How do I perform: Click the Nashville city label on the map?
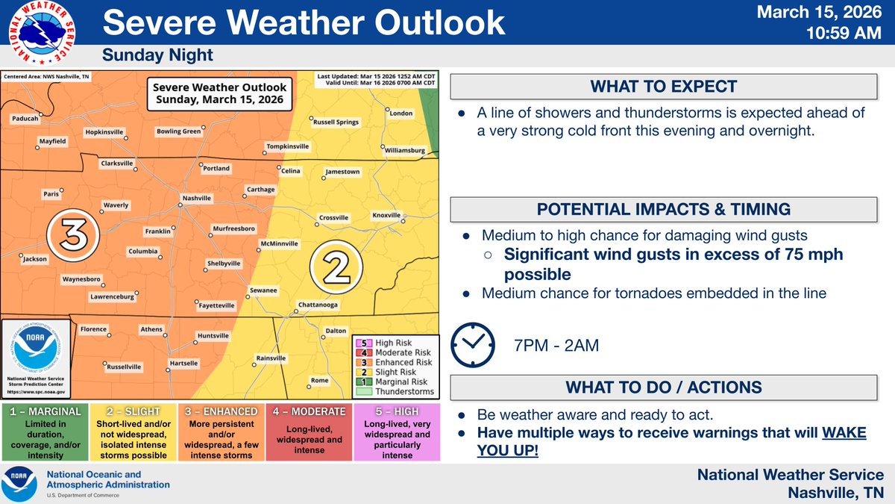coord(197,198)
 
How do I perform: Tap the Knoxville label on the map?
coord(386,215)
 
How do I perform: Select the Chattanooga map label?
coord(318,305)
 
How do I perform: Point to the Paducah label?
coord(25,119)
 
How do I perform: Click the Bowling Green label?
coord(178,131)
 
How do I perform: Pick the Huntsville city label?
coord(213,335)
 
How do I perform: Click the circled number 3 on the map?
coord(73,235)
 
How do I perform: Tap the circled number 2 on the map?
coord(336,267)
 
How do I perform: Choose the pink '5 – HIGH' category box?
coord(397,432)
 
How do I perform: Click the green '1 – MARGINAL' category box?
coord(45,432)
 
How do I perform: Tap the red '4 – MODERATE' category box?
coord(309,432)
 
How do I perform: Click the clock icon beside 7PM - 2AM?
coord(473,345)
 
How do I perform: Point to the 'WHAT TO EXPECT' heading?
coord(664,87)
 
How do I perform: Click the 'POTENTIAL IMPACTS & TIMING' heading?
coord(664,209)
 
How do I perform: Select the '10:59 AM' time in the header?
coord(844,33)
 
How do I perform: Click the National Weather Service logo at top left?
coord(42,33)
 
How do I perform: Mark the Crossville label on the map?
coord(333,217)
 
